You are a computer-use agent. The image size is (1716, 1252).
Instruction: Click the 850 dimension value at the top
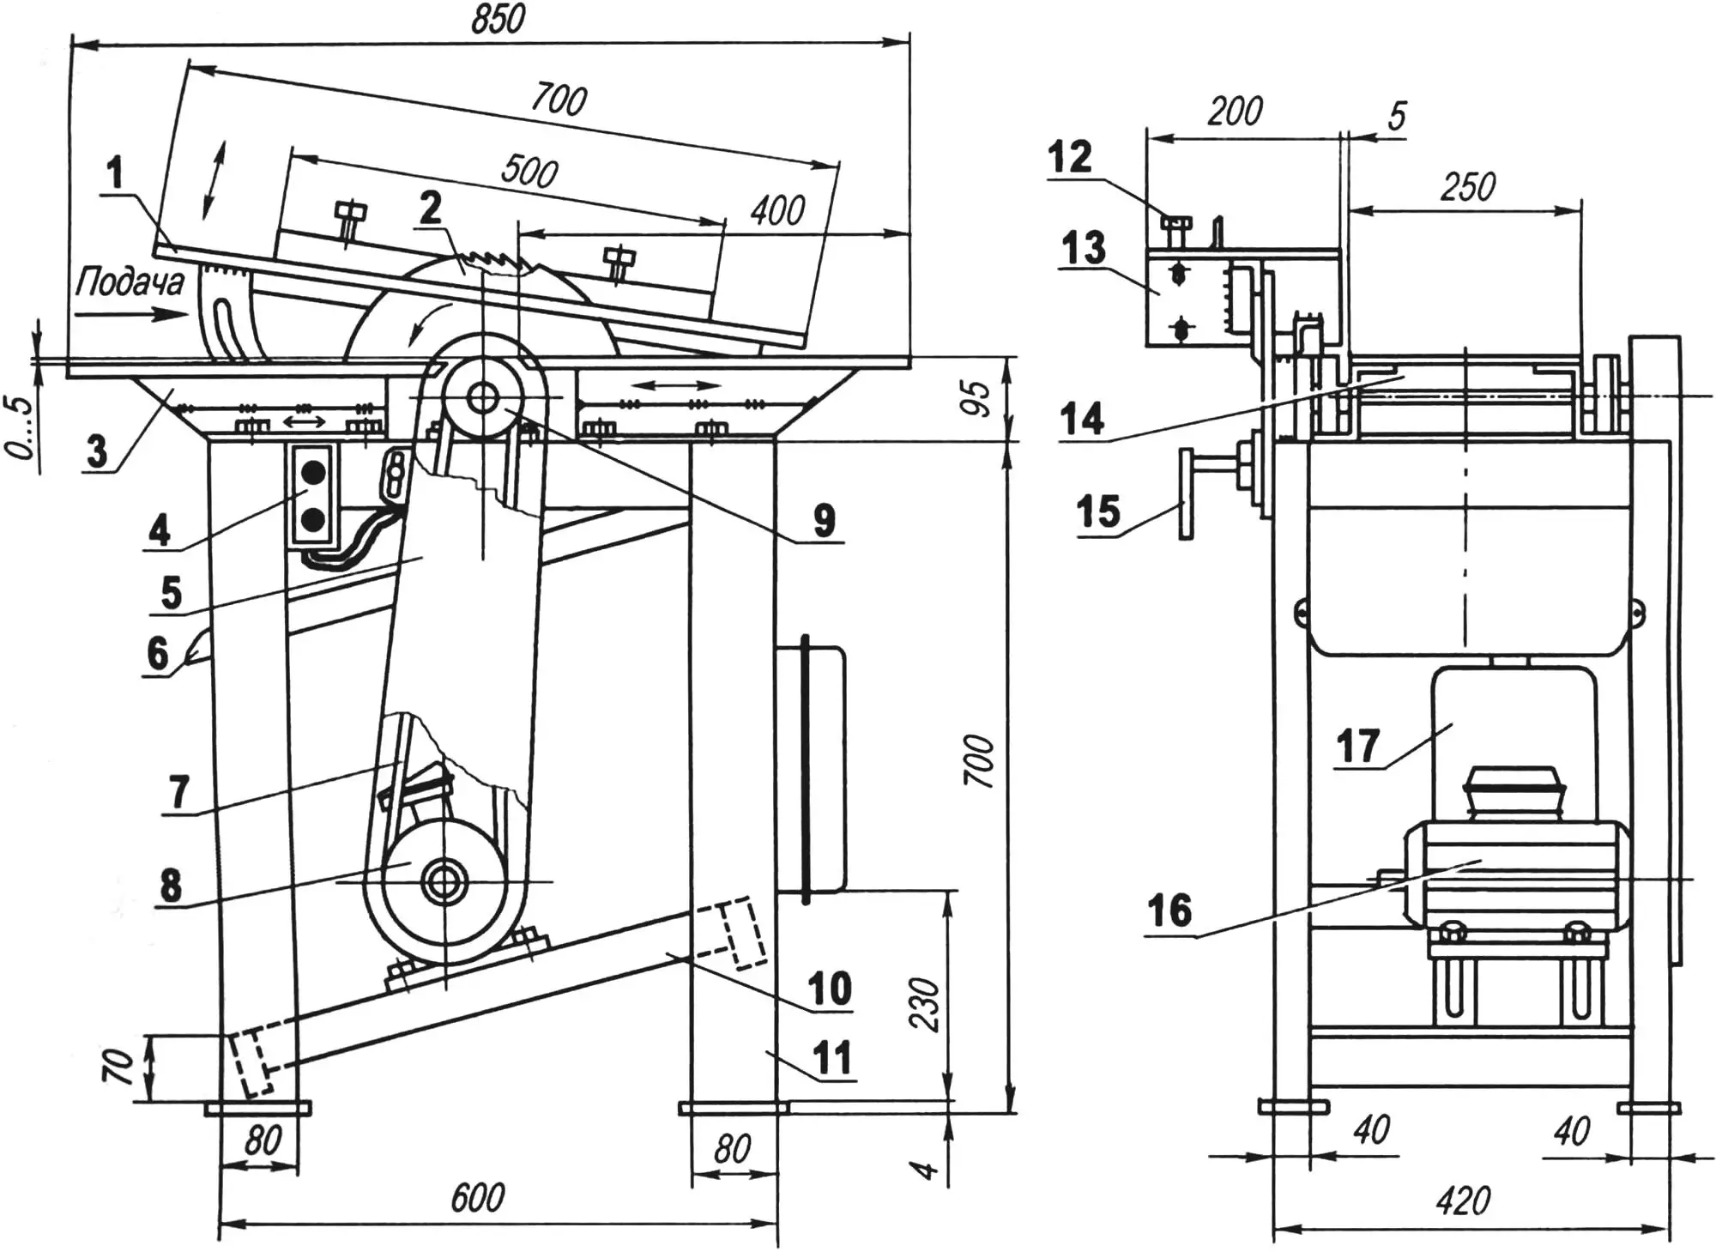497,19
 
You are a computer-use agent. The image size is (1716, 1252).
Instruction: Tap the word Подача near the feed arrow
130,281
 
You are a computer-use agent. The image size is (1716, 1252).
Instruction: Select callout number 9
824,520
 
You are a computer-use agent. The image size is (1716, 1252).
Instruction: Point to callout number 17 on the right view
1357,745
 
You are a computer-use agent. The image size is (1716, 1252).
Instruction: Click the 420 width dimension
1462,1201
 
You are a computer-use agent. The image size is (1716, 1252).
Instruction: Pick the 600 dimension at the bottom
478,1198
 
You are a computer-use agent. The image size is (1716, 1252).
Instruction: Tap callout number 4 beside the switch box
160,530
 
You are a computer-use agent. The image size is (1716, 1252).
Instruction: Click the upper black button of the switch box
312,471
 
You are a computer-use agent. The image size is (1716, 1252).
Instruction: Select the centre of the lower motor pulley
444,880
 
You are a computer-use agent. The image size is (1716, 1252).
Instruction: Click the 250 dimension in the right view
1468,186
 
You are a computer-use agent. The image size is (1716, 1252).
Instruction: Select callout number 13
1083,248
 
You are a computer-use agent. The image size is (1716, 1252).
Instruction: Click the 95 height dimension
977,397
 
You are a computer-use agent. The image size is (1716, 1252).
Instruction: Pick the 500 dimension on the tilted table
529,172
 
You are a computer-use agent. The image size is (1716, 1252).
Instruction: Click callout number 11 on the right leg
831,1057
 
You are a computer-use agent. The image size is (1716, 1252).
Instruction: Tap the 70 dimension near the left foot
121,1067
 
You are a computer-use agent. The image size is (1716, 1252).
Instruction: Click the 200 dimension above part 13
1235,111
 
